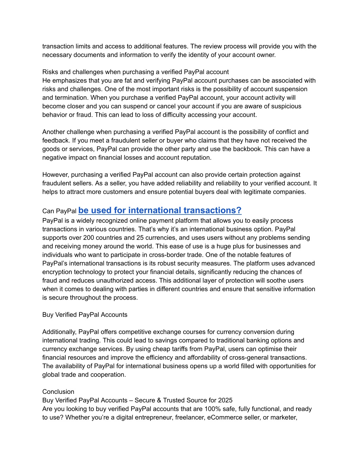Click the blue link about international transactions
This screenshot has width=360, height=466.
coord(160,210)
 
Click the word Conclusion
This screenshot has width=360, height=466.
coord(58,392)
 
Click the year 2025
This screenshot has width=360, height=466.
coord(225,400)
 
